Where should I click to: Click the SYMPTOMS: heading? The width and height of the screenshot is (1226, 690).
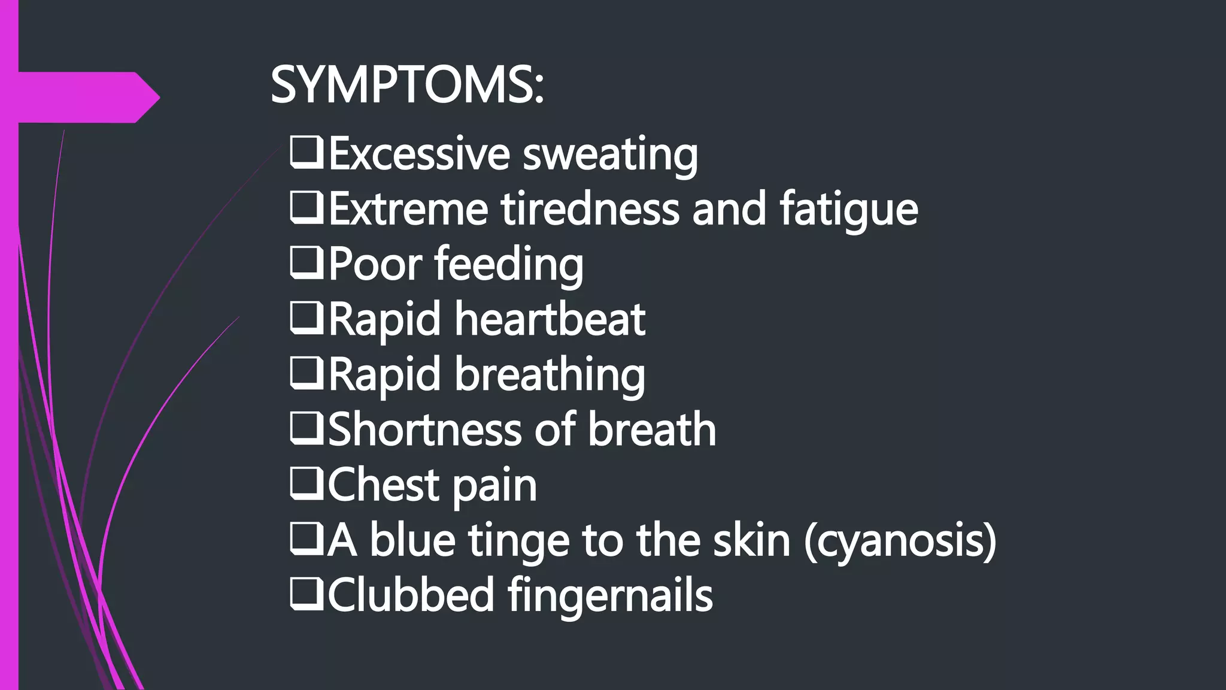407,86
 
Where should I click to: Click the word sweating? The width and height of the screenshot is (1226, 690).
610,155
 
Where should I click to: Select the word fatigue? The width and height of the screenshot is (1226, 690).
848,210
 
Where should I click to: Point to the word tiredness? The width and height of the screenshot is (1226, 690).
590,209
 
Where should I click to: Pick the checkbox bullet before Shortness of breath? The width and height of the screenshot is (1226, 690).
306,429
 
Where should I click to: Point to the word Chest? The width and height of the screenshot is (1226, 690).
383,485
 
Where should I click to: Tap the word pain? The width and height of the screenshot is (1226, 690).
494,486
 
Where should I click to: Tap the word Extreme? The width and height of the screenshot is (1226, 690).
408,209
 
